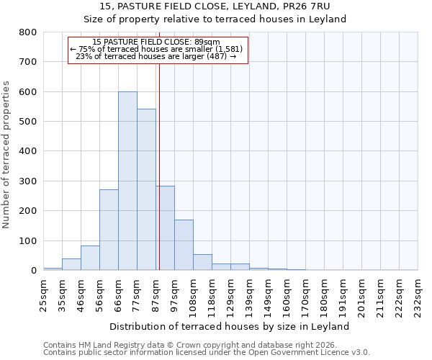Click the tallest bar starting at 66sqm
tap(127, 181)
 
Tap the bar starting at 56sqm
tap(109, 230)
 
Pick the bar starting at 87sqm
tap(165, 228)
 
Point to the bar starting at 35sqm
tap(71, 264)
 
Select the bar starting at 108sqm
tap(202, 262)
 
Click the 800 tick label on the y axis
tap(28, 32)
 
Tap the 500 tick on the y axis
tap(28, 122)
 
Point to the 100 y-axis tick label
tap(28, 240)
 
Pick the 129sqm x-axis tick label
tap(230, 295)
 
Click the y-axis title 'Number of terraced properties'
tap(6, 154)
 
